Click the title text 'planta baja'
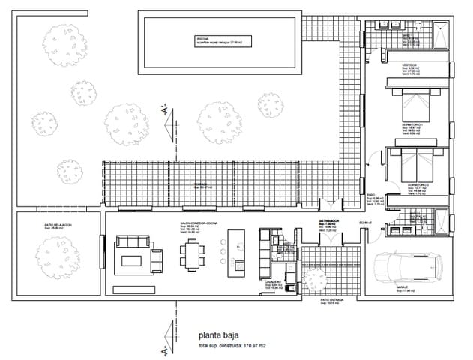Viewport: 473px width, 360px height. (x=219, y=337)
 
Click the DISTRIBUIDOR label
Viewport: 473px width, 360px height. (x=330, y=220)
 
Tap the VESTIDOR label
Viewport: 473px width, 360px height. (x=409, y=64)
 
